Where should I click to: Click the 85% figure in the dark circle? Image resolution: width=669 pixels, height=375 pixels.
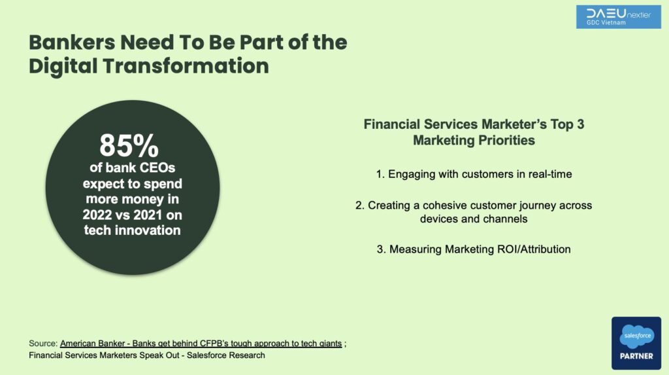pyautogui.click(x=129, y=146)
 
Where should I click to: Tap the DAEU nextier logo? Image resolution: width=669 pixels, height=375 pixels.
pyautogui.click(x=618, y=17)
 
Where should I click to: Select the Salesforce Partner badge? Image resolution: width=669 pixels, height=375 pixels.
pyautogui.click(x=636, y=343)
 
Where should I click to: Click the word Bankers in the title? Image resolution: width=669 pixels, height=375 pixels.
pyautogui.click(x=72, y=43)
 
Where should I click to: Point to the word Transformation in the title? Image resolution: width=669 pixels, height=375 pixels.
pyautogui.click(x=186, y=66)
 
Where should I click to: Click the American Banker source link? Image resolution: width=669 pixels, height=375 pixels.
pyautogui.click(x=201, y=344)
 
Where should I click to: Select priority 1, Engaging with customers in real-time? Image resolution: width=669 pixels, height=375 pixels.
pyautogui.click(x=474, y=174)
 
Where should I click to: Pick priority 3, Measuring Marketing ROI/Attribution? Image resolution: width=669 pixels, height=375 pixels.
pyautogui.click(x=474, y=249)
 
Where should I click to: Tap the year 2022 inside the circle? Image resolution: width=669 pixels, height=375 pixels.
pyautogui.click(x=97, y=215)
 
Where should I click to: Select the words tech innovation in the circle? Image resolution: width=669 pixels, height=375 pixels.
pyautogui.click(x=132, y=230)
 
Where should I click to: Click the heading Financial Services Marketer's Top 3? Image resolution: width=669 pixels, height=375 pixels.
pyautogui.click(x=474, y=124)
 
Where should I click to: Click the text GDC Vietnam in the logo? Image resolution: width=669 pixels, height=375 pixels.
pyautogui.click(x=606, y=23)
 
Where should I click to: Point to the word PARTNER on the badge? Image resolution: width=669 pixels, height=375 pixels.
pyautogui.click(x=636, y=356)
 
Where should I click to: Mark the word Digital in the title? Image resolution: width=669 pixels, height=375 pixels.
pyautogui.click(x=63, y=66)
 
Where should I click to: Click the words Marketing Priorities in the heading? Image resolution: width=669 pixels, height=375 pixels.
pyautogui.click(x=474, y=140)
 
